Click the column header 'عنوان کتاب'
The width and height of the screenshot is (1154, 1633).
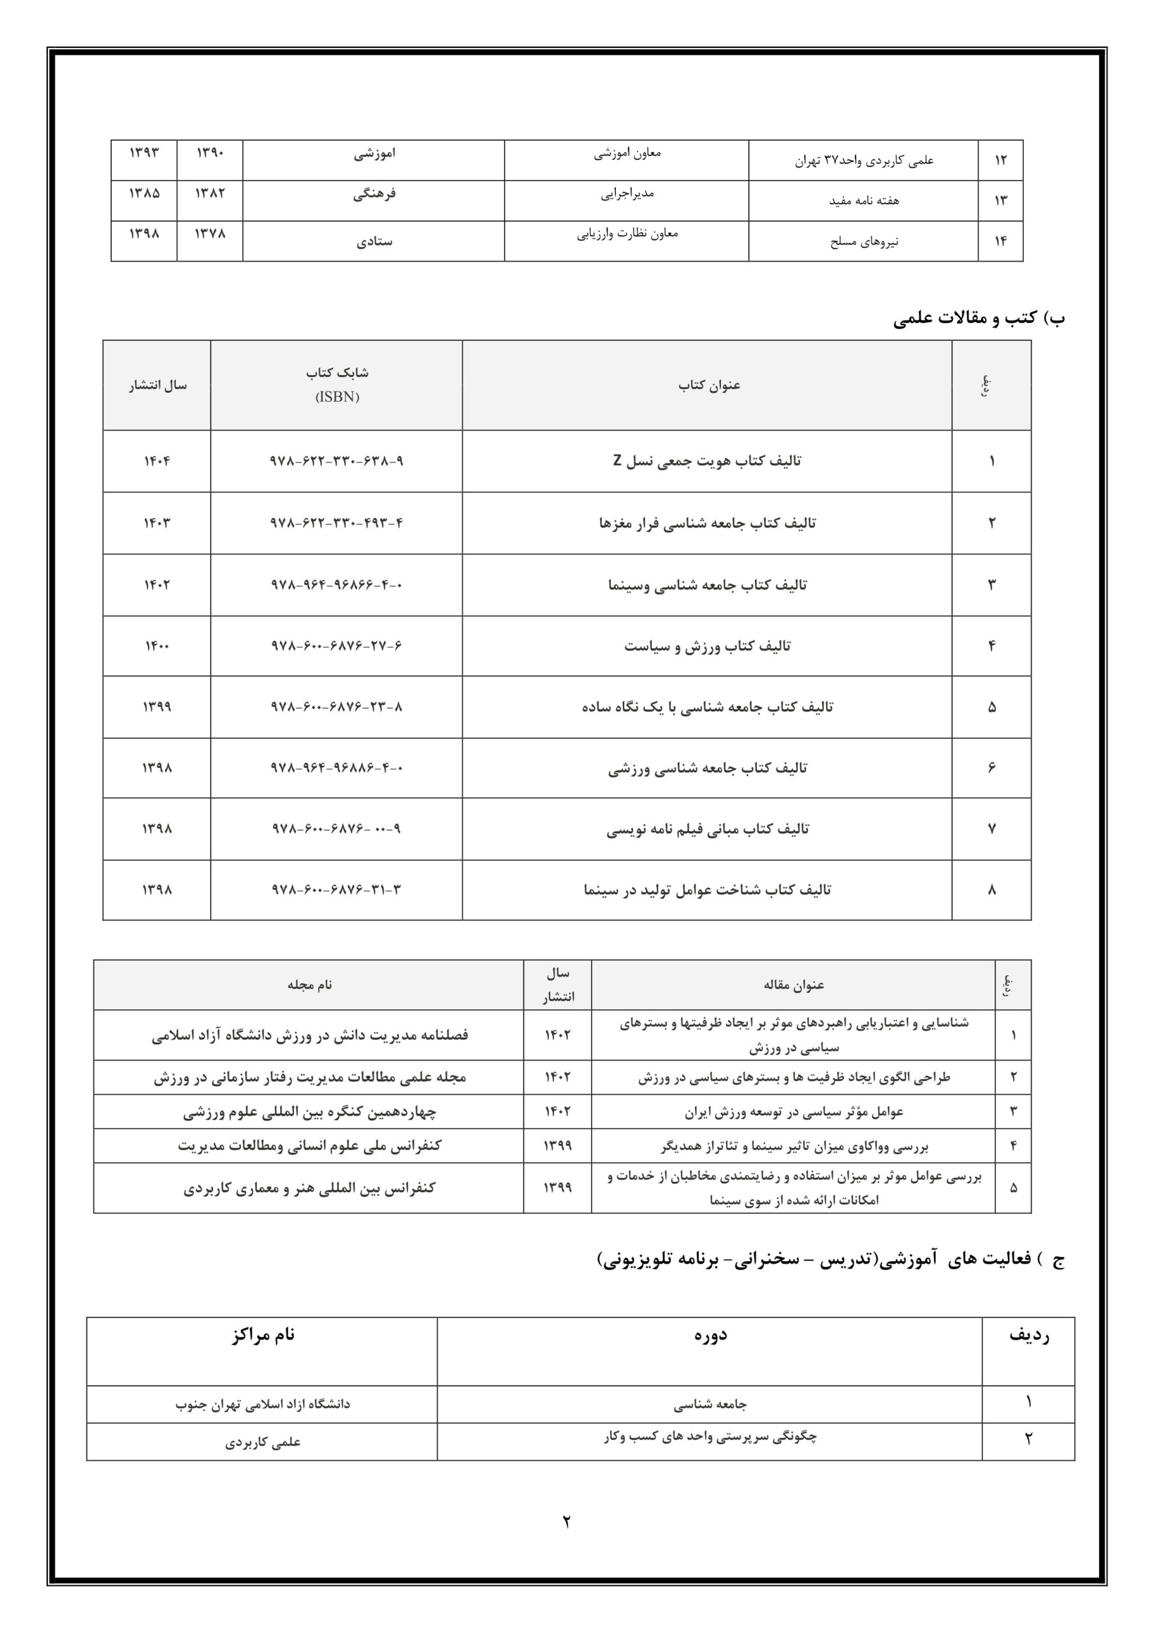point(708,385)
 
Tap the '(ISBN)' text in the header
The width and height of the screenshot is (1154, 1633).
point(337,397)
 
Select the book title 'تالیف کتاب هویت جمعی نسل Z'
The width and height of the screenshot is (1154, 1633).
point(707,461)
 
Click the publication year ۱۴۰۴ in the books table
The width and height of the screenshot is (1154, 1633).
point(156,461)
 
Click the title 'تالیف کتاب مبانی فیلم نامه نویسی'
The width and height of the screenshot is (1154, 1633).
point(707,829)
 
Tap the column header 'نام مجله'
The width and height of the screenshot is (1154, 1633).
point(309,985)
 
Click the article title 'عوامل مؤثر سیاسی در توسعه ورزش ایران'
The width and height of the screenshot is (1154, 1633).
point(794,1112)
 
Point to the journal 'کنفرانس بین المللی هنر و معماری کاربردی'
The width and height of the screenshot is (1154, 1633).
point(309,1188)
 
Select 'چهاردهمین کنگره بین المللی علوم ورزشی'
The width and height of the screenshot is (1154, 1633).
point(309,1112)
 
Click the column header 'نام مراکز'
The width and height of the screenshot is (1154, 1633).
point(263,1335)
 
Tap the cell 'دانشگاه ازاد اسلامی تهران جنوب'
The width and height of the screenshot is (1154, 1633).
point(263,1405)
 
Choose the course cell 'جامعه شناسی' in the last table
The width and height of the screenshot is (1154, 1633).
point(710,1405)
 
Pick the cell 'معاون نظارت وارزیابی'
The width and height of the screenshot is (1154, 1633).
point(627,233)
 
